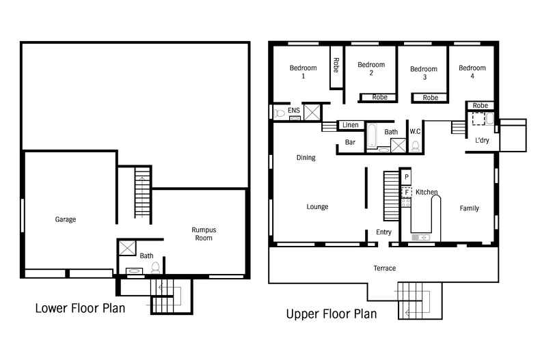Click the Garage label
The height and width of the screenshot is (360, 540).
pos(66,219)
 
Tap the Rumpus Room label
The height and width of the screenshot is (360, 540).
pos(204,234)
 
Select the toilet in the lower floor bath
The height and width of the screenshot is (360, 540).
pos(156,266)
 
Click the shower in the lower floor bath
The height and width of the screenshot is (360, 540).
pos(129,247)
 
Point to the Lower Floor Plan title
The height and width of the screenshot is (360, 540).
pos(80,308)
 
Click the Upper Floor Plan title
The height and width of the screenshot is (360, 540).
pos(331,314)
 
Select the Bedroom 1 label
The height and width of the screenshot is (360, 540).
pos(303,72)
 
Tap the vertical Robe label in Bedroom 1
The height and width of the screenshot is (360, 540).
pos(336,66)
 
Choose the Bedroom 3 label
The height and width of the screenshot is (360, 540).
pos(424,73)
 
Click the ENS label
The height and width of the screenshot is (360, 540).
pos(293,110)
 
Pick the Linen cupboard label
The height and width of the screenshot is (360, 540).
pos(351,125)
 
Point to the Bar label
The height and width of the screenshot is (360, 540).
pos(350,142)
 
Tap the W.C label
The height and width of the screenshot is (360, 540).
pos(415,131)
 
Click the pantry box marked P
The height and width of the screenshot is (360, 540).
pos(406,177)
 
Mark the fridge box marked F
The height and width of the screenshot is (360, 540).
pos(406,193)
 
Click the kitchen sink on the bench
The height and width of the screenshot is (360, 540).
pos(420,237)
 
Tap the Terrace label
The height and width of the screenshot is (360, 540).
pos(385,268)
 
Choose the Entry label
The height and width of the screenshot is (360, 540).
pos(383,232)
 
